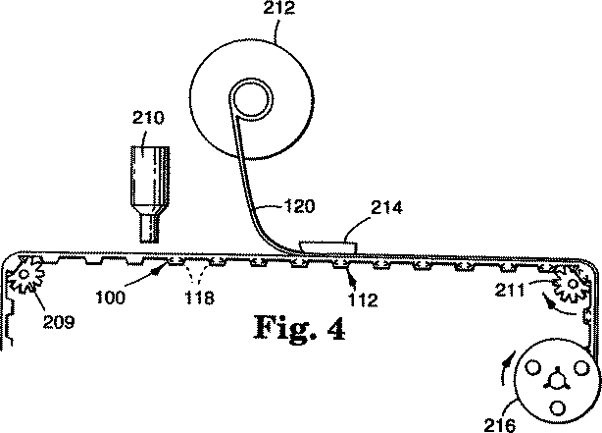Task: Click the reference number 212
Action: [x=279, y=8]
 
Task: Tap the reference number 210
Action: [x=148, y=117]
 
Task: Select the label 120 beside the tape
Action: [x=299, y=206]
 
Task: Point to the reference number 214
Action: [x=386, y=207]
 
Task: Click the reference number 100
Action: [x=111, y=298]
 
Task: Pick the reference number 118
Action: [x=200, y=298]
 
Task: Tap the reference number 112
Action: [x=363, y=299]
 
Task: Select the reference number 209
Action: [x=59, y=321]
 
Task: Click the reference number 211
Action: [x=510, y=290]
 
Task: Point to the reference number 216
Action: [x=499, y=425]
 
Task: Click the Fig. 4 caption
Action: [x=299, y=327]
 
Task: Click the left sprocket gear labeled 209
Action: [x=25, y=275]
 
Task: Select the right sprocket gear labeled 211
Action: [x=572, y=285]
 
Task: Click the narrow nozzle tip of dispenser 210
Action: [x=149, y=229]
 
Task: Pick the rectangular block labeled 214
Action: [x=328, y=246]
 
